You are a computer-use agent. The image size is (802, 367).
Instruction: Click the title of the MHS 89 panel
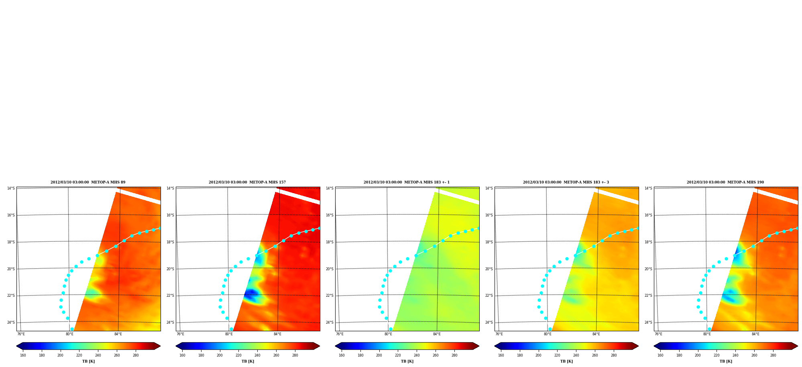tap(88, 182)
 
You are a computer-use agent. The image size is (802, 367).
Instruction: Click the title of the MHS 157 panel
tap(247, 182)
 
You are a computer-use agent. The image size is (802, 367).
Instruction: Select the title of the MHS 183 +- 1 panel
tap(407, 182)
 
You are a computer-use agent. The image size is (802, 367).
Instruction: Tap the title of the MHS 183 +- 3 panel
tap(566, 182)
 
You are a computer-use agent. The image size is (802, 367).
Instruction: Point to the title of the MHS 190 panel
tap(725, 182)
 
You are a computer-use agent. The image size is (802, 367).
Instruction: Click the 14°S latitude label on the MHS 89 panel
tap(11, 188)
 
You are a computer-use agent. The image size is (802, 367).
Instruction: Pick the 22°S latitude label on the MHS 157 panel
tap(170, 296)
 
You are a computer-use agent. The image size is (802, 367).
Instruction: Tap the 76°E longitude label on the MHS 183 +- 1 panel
tap(340, 334)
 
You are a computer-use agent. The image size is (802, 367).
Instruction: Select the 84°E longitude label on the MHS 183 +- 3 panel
tap(596, 334)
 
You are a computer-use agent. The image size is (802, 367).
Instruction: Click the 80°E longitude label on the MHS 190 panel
tap(707, 334)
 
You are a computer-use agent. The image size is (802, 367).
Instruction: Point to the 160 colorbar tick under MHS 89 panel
tap(23, 355)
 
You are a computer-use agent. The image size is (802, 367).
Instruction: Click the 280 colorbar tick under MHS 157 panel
tap(295, 355)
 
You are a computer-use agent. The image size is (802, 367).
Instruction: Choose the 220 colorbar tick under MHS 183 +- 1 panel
tap(398, 355)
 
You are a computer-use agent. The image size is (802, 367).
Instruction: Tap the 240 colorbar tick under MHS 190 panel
tap(735, 355)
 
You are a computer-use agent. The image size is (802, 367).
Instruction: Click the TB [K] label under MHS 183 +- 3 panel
tap(566, 361)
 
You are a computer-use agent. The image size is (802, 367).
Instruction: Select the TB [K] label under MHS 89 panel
tap(88, 361)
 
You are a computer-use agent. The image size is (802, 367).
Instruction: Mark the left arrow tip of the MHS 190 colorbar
tap(654, 346)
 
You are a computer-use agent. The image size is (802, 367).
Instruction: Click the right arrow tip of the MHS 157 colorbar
tap(320, 346)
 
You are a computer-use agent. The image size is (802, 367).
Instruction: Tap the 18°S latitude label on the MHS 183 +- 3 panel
tap(489, 242)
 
